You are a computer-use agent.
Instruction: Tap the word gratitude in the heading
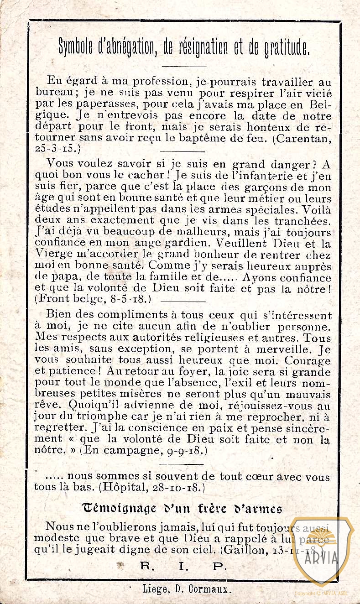click(x=287, y=47)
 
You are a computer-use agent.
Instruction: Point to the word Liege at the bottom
click(x=155, y=589)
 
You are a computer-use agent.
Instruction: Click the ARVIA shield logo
click(x=322, y=551)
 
